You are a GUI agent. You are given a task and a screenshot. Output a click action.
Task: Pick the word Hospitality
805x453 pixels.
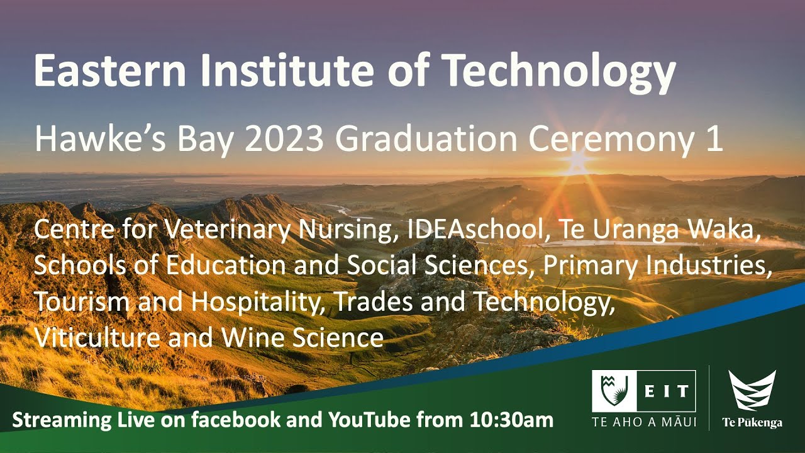click(x=258, y=303)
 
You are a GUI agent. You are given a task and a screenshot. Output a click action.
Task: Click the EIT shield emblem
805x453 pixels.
click(x=614, y=391)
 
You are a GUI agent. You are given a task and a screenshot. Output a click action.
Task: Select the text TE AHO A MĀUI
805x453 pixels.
click(x=644, y=422)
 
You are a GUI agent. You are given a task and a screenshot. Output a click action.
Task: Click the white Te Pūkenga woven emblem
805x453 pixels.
click(x=752, y=390)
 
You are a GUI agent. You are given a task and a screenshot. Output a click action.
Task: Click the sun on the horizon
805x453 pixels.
click(x=577, y=162)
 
